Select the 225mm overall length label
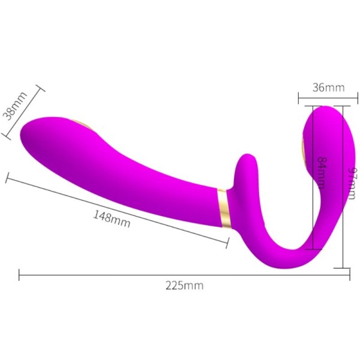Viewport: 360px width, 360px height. point(184,286)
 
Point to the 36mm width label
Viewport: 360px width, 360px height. point(329,88)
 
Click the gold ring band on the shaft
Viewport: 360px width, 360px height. point(223,208)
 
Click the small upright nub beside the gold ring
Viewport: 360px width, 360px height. point(246,171)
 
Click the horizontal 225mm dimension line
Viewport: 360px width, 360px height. point(120,275)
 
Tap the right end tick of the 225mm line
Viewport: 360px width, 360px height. point(349,275)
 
